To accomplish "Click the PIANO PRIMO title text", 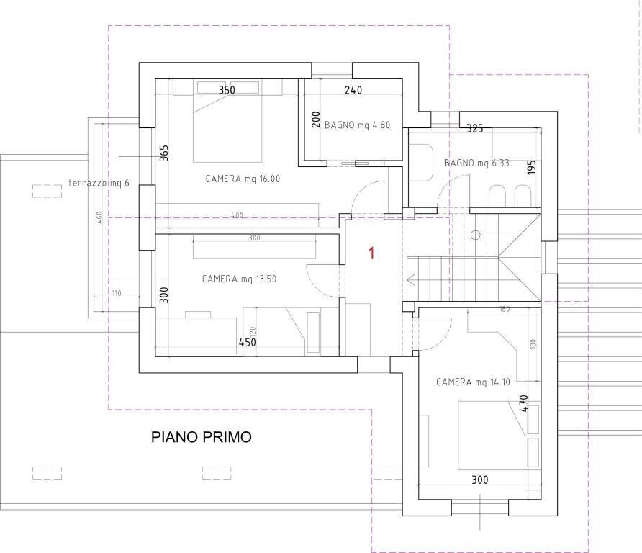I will tap(201, 437).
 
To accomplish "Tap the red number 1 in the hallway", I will tap(371, 253).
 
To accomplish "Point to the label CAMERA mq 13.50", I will tap(238, 279).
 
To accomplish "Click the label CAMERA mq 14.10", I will tap(473, 382).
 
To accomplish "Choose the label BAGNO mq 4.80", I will tap(357, 125).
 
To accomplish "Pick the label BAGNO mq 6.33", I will tap(476, 163).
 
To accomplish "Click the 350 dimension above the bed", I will tap(227, 90).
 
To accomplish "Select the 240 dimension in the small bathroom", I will tap(353, 90).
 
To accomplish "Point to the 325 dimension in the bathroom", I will tap(474, 129).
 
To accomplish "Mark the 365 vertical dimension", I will tap(163, 154).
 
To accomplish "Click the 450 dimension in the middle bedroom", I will tap(247, 342).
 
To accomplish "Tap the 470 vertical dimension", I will tap(524, 402).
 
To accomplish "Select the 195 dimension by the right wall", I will tap(532, 168).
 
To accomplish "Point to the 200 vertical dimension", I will tap(315, 120).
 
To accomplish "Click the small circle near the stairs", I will tap(475, 235).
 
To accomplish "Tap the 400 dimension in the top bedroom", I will tap(237, 215).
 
